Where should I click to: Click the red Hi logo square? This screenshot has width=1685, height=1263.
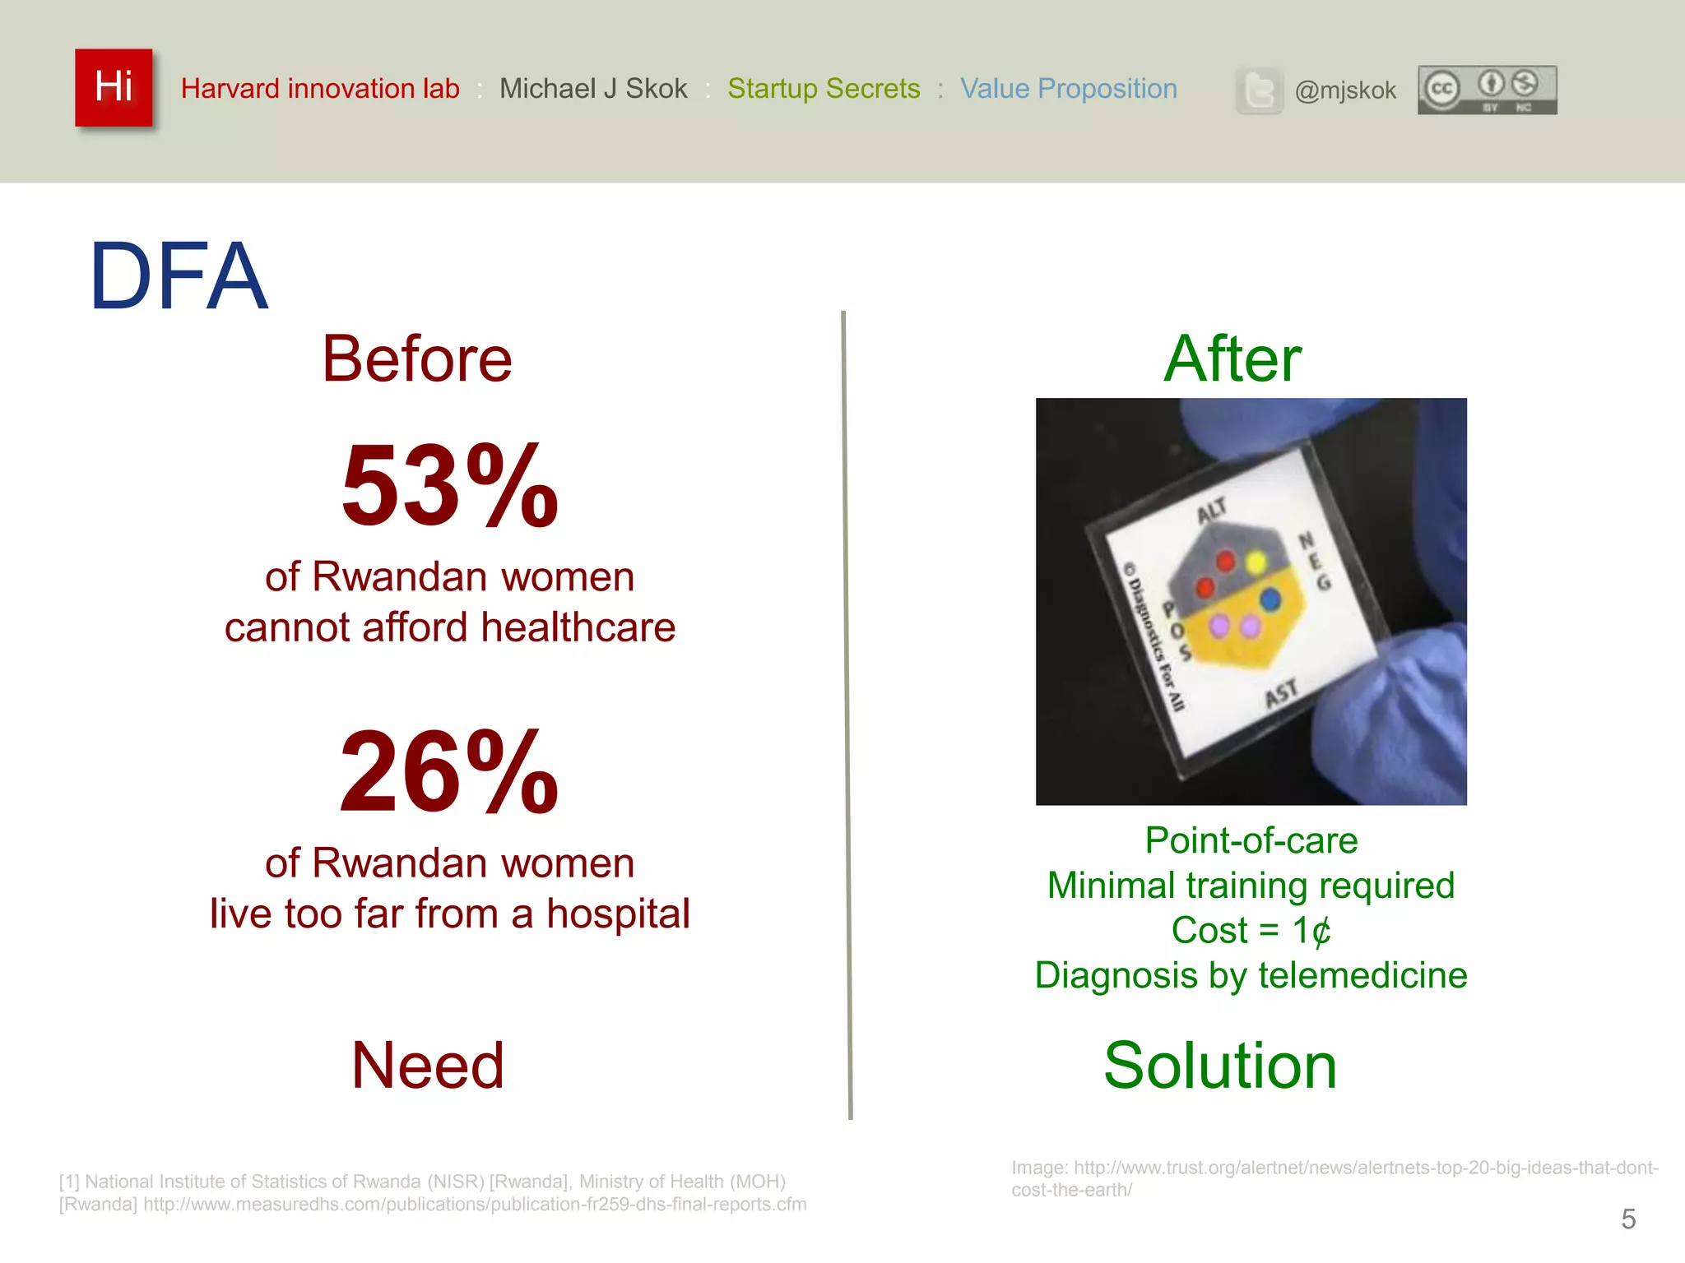pos(114,87)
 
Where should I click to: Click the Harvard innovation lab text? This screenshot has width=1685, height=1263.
pos(320,88)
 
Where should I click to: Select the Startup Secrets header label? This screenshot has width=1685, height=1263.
pos(824,88)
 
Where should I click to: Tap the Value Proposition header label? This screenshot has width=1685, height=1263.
pos(1069,88)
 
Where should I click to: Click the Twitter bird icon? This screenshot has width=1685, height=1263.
pos(1259,90)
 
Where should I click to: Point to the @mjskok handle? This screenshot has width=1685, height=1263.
pos(1345,90)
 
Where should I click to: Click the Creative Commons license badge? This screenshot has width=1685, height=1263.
pos(1487,90)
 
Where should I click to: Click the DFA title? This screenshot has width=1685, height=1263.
pos(179,276)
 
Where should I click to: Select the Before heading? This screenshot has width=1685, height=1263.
pos(417,359)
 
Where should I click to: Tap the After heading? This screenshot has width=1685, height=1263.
pos(1232,359)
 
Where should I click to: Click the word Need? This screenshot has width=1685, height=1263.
pos(427,1066)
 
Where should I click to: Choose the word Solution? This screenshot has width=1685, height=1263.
pos(1219,1066)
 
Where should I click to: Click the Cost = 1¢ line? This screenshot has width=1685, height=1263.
pos(1251,931)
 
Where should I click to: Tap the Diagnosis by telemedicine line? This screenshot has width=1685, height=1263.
pos(1251,976)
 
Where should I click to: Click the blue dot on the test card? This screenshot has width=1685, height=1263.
pos(1270,599)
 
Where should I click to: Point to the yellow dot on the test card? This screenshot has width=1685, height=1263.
pos(1256,563)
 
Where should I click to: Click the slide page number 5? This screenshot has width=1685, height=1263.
pos(1627,1219)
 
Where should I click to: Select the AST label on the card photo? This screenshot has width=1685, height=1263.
pos(1281,693)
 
